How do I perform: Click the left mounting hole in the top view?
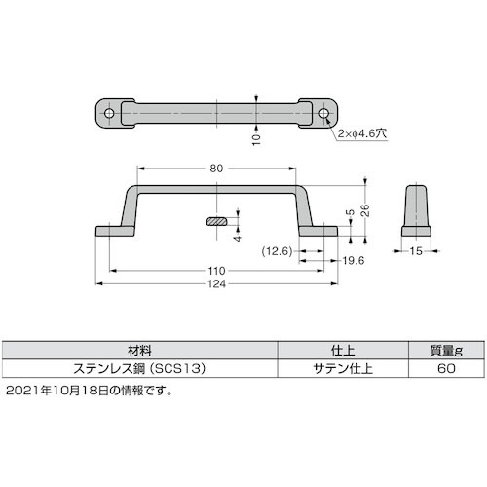(x=109, y=113)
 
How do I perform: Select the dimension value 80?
(x=216, y=169)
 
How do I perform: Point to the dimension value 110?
(x=216, y=271)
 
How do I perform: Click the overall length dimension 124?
(x=216, y=284)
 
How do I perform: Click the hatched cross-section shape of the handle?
(x=221, y=222)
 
